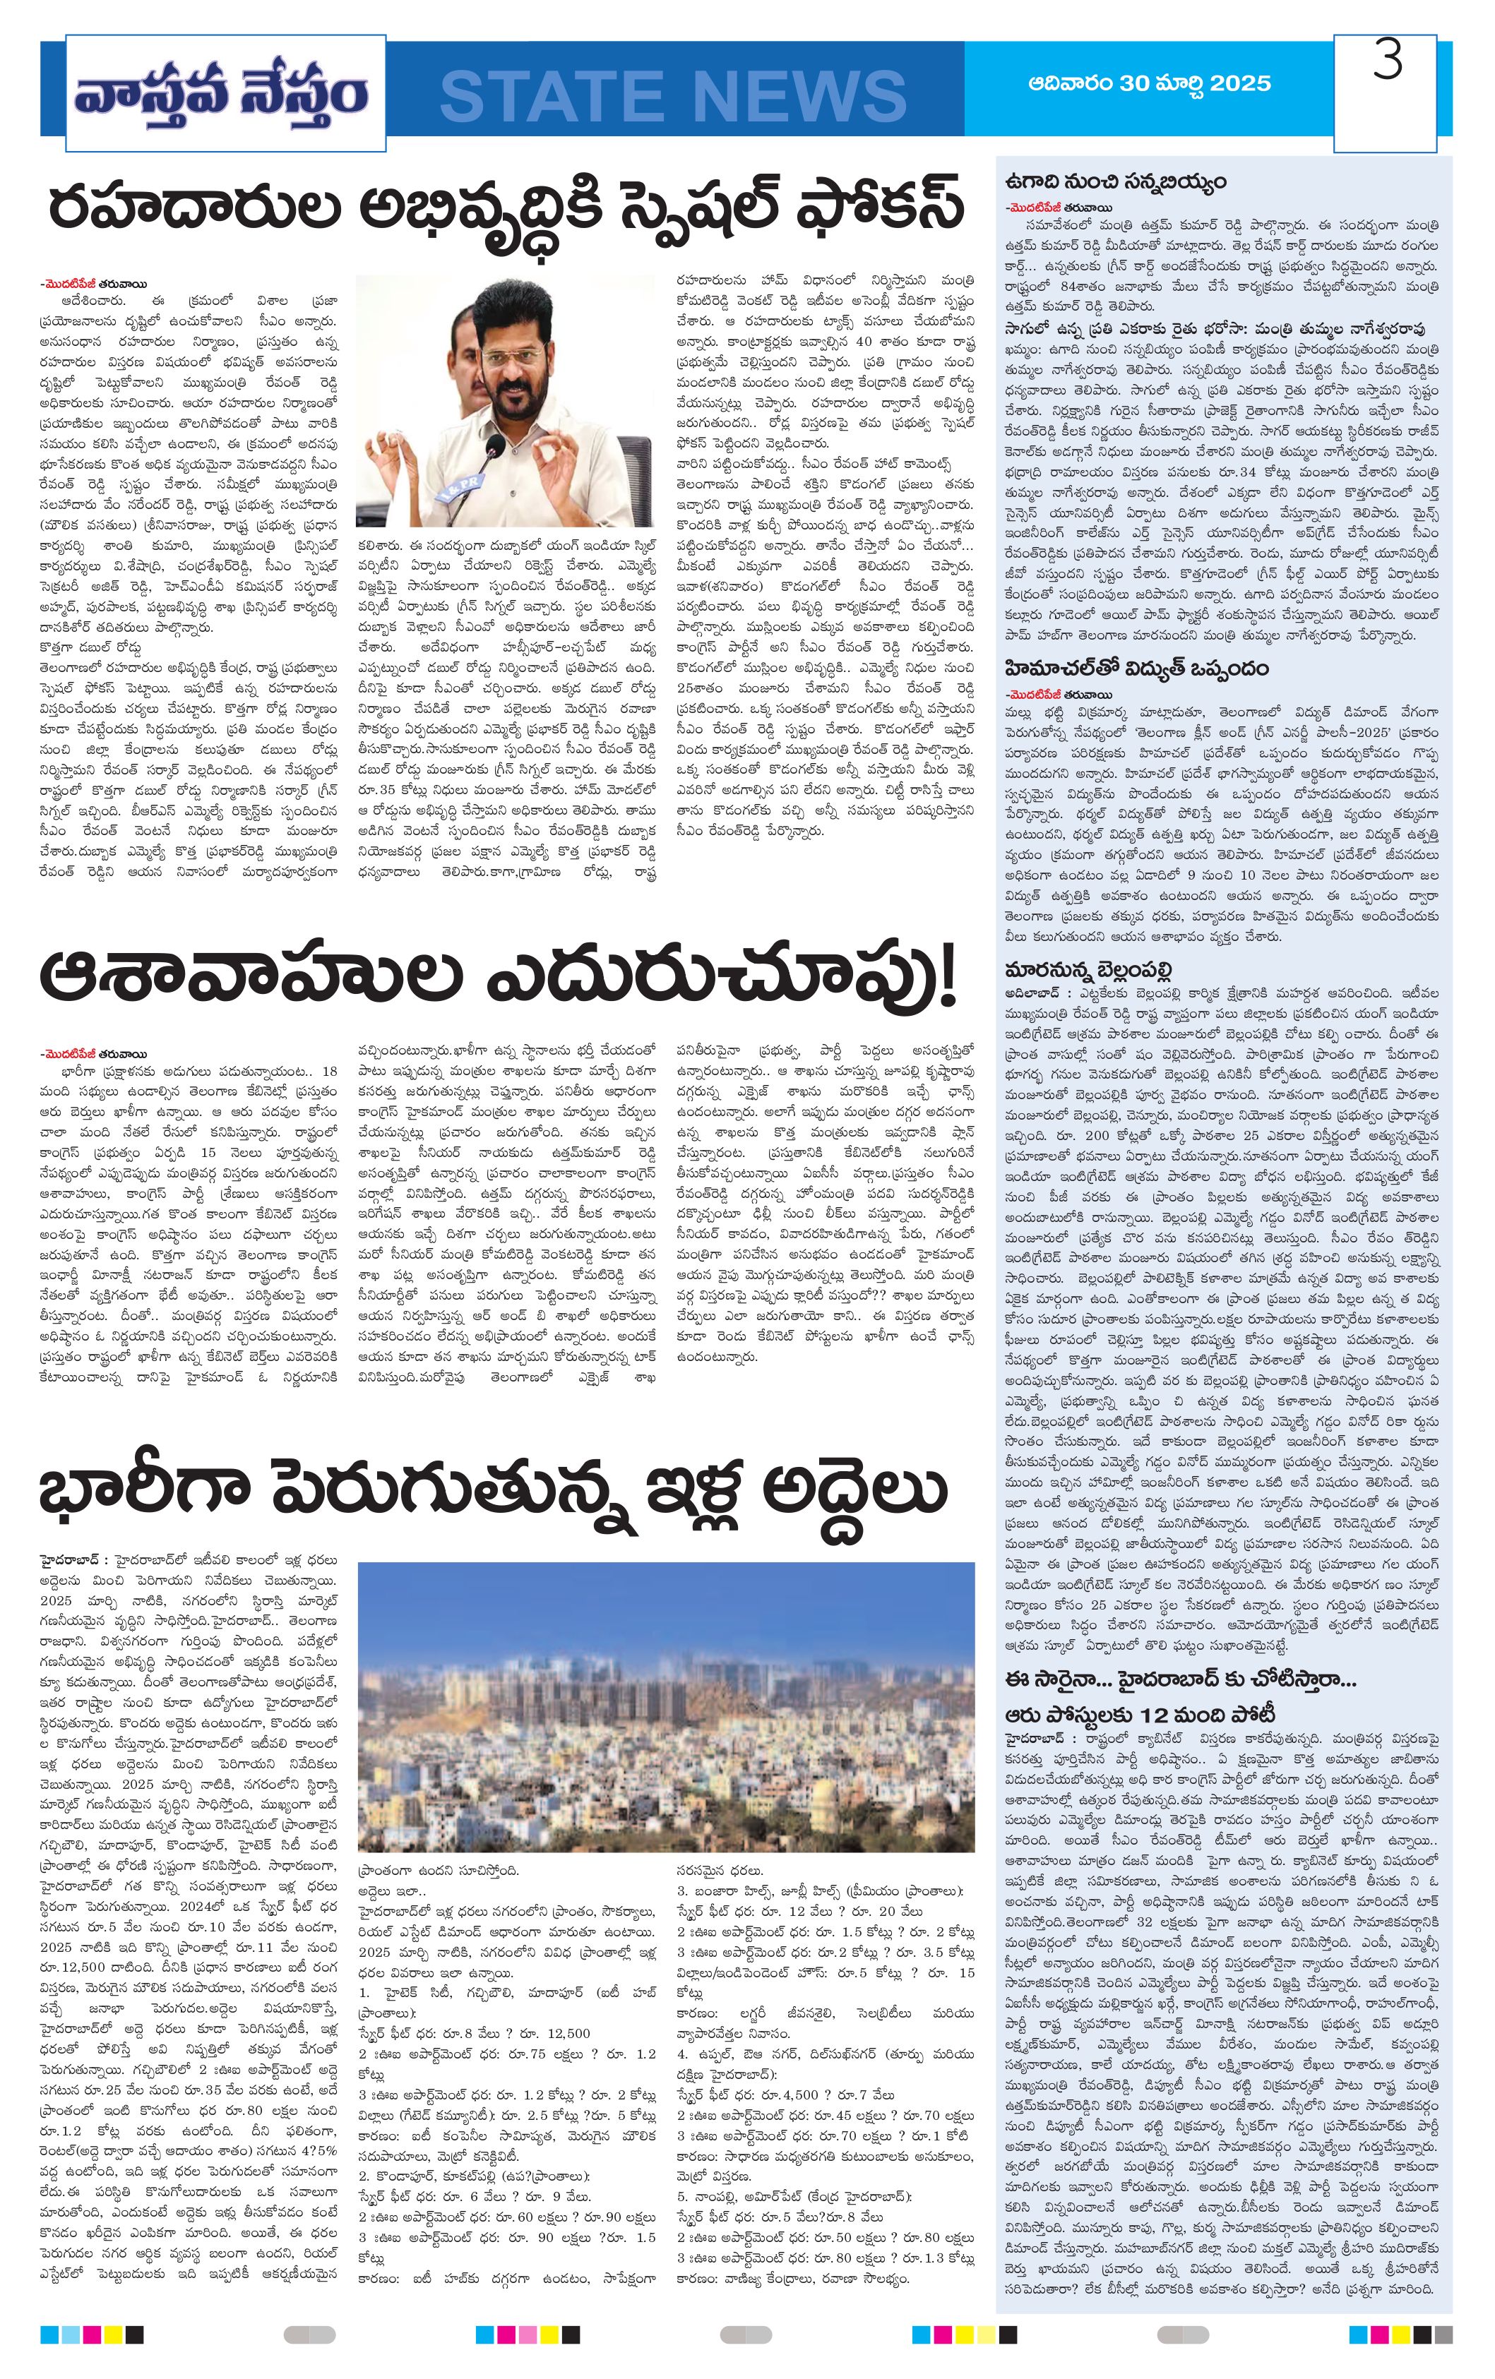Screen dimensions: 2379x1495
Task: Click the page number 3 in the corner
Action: (x=1387, y=61)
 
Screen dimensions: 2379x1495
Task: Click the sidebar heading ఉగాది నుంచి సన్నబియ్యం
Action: (x=1114, y=182)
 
